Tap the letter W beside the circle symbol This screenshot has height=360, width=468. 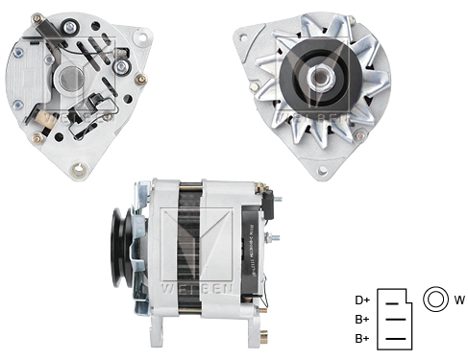click(459, 300)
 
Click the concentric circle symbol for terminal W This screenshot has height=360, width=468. click(433, 300)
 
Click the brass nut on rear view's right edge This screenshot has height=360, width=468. click(141, 80)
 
